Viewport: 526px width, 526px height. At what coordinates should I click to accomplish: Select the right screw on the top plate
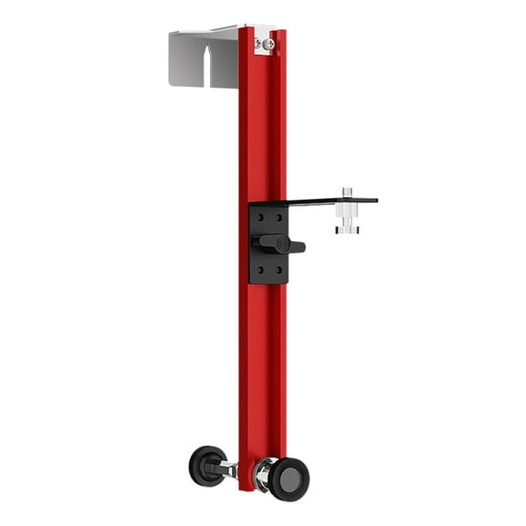[269, 44]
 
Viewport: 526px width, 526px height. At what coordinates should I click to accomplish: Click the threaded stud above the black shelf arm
[347, 193]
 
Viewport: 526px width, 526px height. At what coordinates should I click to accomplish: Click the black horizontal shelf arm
[320, 201]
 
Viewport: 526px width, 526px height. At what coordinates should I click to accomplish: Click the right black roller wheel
[289, 479]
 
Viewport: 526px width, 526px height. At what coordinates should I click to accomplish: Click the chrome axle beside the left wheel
[229, 469]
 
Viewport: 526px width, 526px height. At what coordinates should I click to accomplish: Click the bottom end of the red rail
[247, 484]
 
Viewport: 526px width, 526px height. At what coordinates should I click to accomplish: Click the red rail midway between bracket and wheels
[262, 365]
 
